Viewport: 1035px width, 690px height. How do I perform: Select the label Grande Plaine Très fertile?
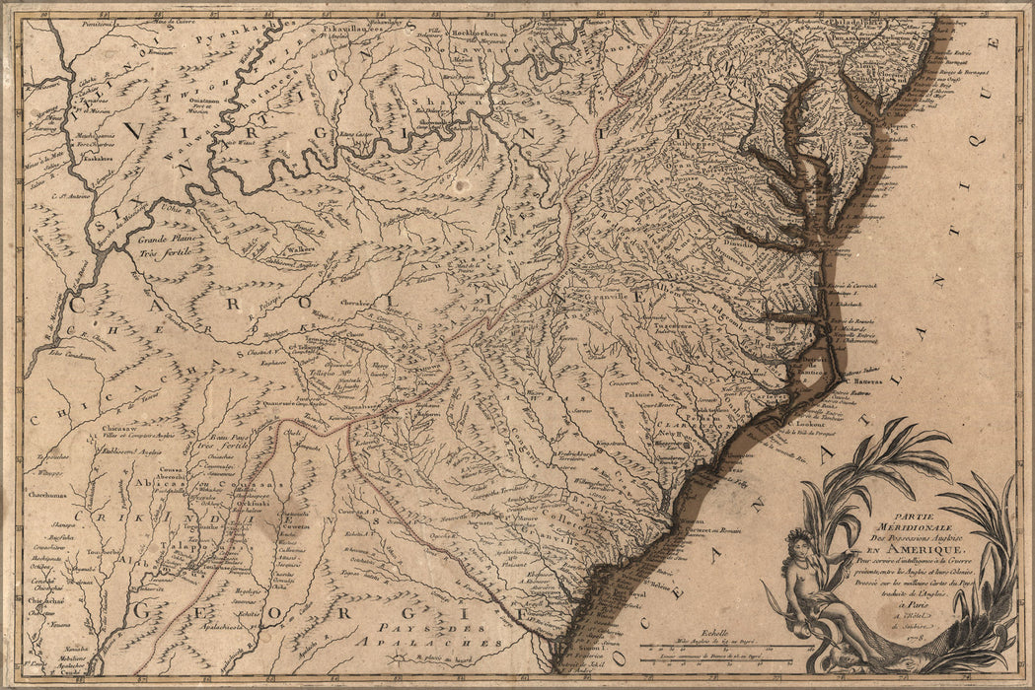162,246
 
